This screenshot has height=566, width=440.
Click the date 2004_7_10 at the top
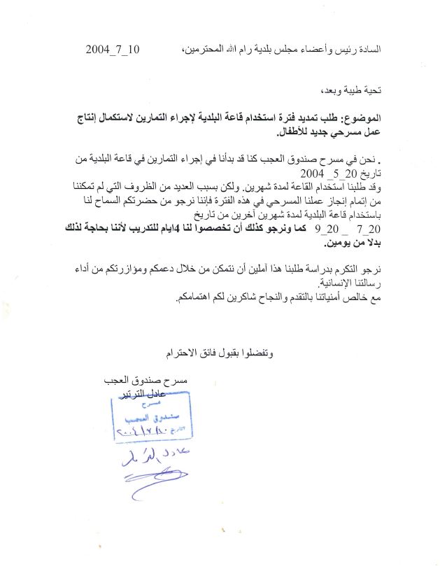pos(113,50)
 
